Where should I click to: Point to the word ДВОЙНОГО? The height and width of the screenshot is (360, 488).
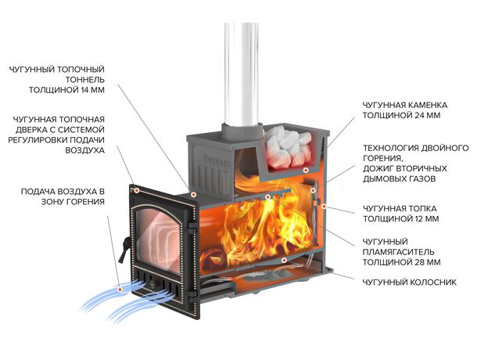point(447,147)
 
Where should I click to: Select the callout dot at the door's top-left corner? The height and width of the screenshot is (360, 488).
point(136,190)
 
